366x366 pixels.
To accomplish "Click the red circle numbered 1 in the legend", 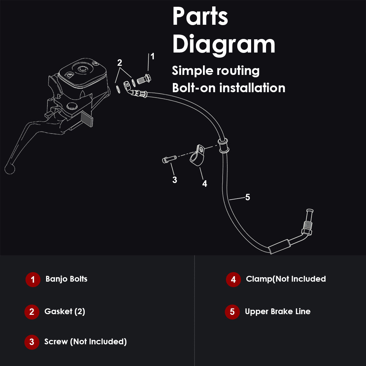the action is click(x=33, y=279).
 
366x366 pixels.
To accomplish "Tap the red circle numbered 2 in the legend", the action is click(x=32, y=312).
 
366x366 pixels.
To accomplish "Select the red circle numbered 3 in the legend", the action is click(x=32, y=342).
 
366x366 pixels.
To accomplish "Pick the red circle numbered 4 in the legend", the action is click(x=233, y=279).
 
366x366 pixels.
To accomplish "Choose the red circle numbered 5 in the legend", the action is click(x=232, y=312).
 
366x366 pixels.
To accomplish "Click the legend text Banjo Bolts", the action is click(x=66, y=279).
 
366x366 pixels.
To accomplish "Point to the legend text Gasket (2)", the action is click(x=65, y=311).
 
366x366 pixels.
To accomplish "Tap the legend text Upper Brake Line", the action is click(x=278, y=312).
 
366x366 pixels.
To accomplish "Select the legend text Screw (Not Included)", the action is click(x=85, y=342).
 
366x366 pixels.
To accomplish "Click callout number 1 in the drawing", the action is click(x=152, y=56).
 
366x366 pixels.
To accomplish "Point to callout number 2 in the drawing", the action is click(x=120, y=63).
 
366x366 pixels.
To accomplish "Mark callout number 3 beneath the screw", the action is click(x=175, y=180).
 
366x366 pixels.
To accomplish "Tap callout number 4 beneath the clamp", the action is click(x=205, y=184).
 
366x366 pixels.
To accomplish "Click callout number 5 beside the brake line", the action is click(x=248, y=197).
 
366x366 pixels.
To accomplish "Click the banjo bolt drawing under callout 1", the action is click(x=144, y=79).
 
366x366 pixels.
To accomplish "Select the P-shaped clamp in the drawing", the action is click(x=198, y=155).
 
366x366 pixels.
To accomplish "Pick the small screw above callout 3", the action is click(x=169, y=159).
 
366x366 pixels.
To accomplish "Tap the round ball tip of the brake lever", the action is click(x=10, y=169).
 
